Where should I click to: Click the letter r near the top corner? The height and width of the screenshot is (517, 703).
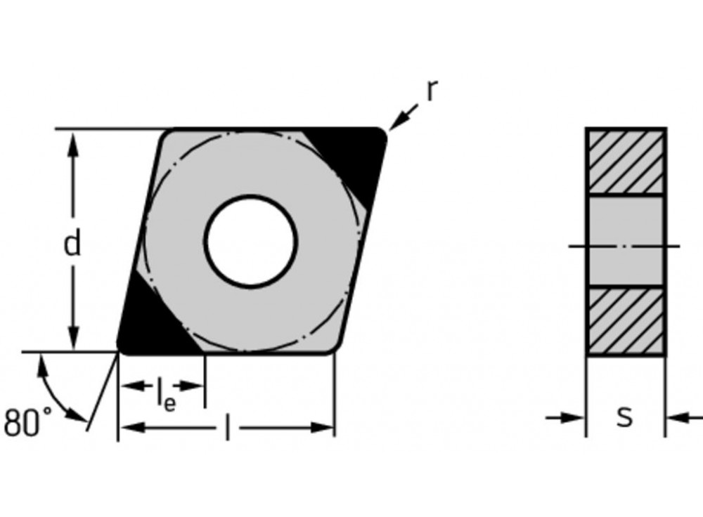[432, 91]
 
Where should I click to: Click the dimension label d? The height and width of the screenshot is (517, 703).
[72, 243]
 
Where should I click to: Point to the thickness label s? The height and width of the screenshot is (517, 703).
[624, 417]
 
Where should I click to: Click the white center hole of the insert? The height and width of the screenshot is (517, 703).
[250, 241]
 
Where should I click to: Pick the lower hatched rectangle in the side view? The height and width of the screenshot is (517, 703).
[625, 321]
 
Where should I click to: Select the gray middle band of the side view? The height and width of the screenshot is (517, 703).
[625, 241]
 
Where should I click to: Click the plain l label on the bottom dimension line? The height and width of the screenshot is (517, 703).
[226, 428]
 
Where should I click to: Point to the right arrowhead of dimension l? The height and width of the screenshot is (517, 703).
[323, 427]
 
